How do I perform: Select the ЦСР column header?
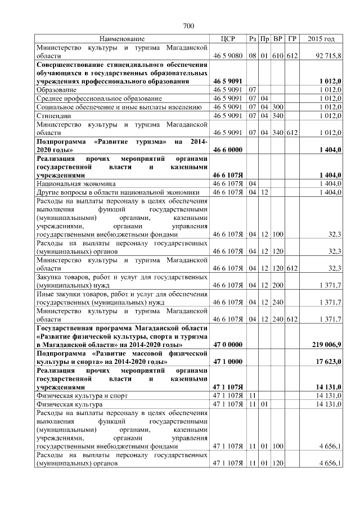click(x=228, y=39)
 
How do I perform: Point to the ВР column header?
click(x=277, y=39)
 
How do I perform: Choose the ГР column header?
click(x=291, y=39)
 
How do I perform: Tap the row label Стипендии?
click(x=52, y=115)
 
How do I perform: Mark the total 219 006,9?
click(x=326, y=344)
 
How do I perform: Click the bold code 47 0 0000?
click(x=228, y=344)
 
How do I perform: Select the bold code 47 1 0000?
click(x=228, y=361)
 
